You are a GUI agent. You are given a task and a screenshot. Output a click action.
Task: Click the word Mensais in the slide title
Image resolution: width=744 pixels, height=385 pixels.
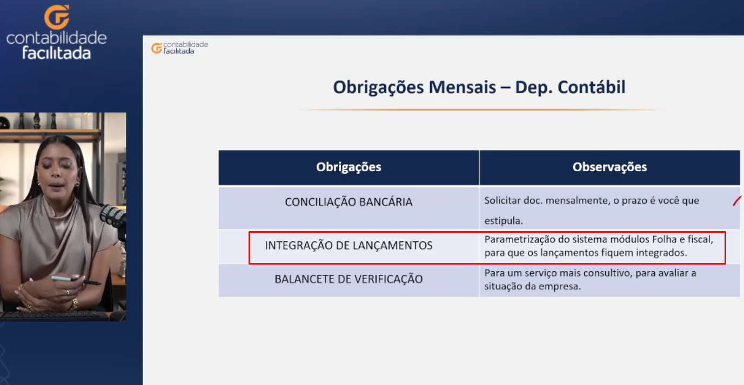(x=463, y=87)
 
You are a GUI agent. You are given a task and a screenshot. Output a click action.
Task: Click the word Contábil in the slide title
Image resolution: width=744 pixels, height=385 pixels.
(x=591, y=87)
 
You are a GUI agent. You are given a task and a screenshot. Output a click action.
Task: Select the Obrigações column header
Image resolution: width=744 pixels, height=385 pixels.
(x=348, y=167)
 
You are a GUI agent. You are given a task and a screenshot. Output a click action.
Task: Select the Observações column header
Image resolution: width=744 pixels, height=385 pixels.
(x=609, y=167)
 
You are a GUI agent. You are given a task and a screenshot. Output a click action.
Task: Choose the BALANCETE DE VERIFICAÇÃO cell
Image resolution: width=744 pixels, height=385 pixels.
(x=348, y=279)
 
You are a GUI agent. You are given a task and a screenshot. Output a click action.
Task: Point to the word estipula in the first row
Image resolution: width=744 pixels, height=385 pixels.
(x=504, y=221)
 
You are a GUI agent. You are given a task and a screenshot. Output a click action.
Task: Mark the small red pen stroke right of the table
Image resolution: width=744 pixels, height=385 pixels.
(x=736, y=201)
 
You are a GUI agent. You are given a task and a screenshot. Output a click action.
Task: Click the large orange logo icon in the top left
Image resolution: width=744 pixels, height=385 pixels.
(x=57, y=17)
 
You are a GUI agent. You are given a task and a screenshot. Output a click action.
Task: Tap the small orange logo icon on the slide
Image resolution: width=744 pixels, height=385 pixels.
(x=157, y=49)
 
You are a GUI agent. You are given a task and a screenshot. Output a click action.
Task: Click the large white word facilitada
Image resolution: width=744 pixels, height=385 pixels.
(x=57, y=53)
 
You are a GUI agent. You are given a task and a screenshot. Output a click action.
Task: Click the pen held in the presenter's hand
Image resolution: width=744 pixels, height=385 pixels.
(x=76, y=280)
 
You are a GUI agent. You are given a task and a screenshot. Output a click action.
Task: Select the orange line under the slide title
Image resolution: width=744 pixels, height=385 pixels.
(x=479, y=110)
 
